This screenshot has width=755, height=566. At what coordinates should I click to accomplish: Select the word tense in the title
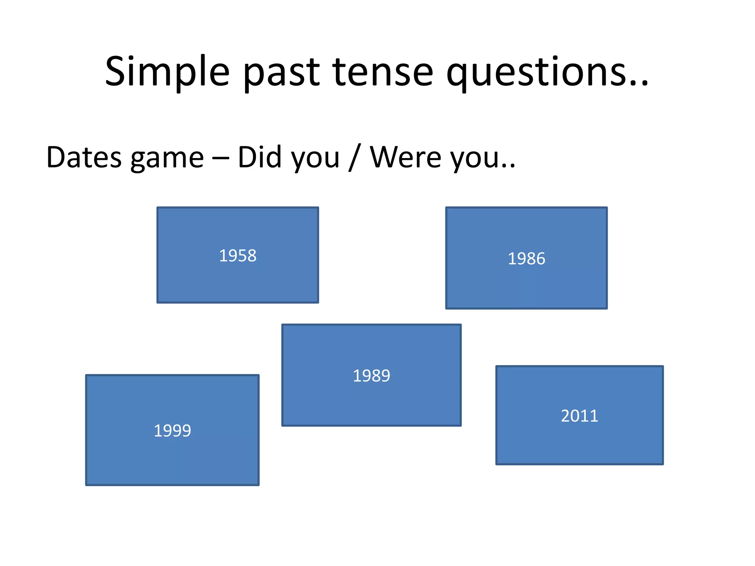383,72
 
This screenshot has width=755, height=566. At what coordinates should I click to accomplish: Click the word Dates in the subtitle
84,157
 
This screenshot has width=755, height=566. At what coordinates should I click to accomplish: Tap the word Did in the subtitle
260,157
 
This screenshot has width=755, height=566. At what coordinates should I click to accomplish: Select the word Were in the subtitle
406,157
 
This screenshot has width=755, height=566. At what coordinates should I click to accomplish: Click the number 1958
238,256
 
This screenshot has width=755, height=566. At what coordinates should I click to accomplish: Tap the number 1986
526,259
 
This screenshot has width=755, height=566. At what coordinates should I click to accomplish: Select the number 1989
371,376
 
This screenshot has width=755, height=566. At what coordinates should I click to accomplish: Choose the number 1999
172,431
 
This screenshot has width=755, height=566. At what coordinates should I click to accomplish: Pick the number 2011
580,416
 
